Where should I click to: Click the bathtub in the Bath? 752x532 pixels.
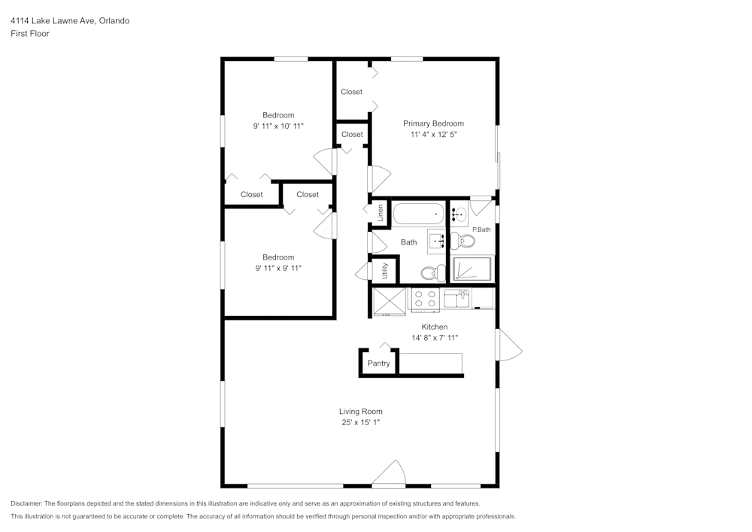(x=419, y=214)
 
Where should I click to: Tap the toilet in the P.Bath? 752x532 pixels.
(x=465, y=242)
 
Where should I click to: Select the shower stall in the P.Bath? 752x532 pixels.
(x=472, y=269)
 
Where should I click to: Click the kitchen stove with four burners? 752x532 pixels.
(x=425, y=299)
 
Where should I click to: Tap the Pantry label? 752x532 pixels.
(x=378, y=363)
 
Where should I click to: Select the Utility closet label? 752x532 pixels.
(x=385, y=271)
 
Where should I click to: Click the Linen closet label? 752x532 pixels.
(x=381, y=213)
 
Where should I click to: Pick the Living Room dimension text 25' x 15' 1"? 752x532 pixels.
(x=360, y=423)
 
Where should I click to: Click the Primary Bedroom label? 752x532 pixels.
(x=433, y=123)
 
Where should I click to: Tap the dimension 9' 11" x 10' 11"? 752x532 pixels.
(x=278, y=126)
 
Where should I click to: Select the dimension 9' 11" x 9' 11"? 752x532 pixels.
(x=278, y=268)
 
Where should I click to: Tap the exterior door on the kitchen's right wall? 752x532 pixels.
(x=508, y=345)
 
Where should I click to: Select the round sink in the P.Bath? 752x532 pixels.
(x=459, y=214)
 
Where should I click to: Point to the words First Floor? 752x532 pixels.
(x=30, y=34)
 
